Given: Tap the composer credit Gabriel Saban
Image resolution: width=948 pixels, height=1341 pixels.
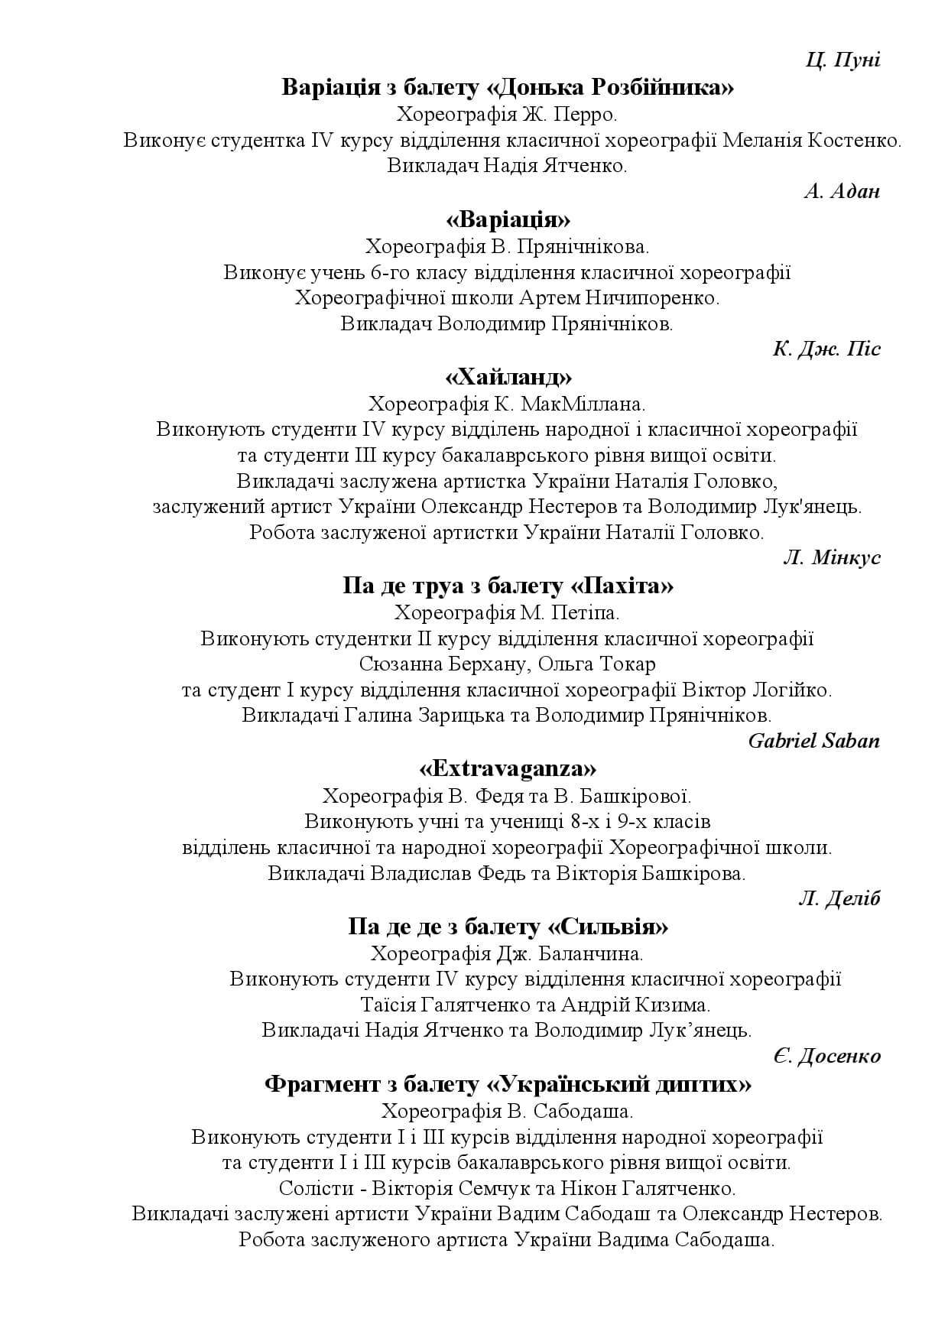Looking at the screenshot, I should pyautogui.click(x=813, y=741).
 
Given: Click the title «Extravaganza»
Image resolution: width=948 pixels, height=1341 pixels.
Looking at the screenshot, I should pyautogui.click(x=508, y=768).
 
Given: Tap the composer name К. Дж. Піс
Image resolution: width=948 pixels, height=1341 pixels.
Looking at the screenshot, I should pyautogui.click(x=826, y=349).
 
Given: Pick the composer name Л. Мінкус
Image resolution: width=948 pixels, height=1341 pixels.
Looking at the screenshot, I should pyautogui.click(x=831, y=558).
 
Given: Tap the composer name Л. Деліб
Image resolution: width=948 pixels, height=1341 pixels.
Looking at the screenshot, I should pyautogui.click(x=839, y=899).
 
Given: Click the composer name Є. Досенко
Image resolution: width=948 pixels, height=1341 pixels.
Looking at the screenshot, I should pyautogui.click(x=826, y=1057).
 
